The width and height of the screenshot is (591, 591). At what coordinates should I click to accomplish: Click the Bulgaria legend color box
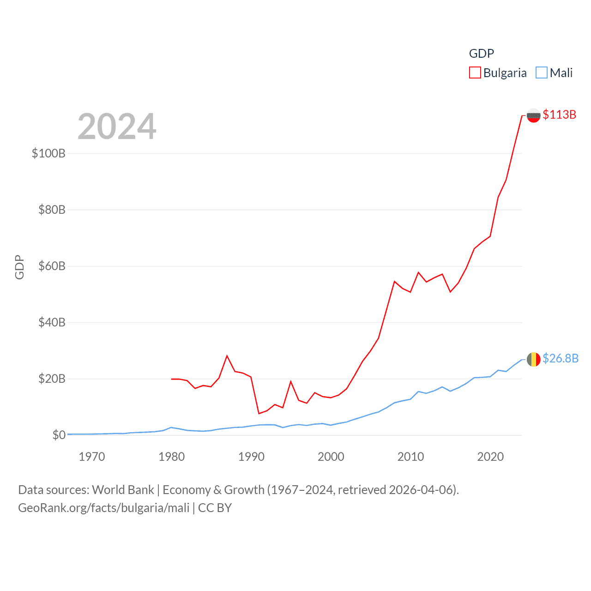[x=475, y=73]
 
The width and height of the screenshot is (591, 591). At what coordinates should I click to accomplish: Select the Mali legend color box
[x=542, y=73]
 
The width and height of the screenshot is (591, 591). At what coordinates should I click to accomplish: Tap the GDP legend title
[x=482, y=54]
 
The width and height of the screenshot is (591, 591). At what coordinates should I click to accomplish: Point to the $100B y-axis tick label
[x=48, y=153]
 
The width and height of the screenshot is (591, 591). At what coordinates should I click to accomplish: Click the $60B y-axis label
[x=52, y=266]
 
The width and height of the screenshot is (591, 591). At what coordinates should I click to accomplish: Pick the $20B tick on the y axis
[x=52, y=379]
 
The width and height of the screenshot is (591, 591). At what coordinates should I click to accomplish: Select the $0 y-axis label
[x=59, y=435]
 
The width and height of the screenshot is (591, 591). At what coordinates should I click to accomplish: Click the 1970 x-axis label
[x=92, y=457]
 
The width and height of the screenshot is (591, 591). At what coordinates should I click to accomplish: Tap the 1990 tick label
[x=251, y=457]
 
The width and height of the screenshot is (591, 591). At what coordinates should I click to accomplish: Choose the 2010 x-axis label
[x=410, y=457]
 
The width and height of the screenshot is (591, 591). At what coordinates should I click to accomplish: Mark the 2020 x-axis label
[x=490, y=457]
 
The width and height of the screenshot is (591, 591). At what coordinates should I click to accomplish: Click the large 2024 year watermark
[x=117, y=127]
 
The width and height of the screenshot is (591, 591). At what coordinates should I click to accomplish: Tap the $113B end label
[x=560, y=115]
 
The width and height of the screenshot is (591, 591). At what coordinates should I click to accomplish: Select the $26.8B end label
[x=561, y=358]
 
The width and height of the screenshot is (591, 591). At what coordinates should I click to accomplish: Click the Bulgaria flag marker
[x=534, y=115]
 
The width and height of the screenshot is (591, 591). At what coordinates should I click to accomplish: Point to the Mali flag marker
[x=534, y=359]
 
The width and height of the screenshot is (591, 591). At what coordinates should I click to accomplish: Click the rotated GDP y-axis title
[x=19, y=267]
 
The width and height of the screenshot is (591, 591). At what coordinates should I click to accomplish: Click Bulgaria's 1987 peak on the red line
[x=227, y=356]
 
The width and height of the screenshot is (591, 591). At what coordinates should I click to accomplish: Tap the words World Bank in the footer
[x=123, y=490]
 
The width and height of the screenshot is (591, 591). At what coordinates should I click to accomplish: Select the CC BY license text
[x=215, y=508]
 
